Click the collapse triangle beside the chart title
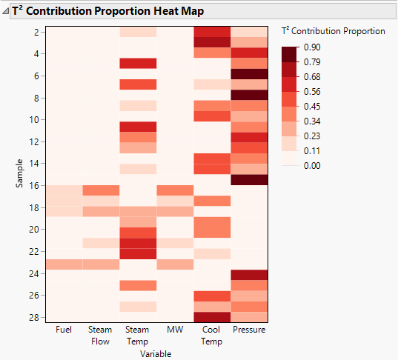tap(6, 12)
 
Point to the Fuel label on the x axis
tap(64, 330)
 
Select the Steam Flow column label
tap(100, 335)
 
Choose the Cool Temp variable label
tap(212, 335)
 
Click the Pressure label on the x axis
tap(249, 330)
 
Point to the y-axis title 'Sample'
tap(20, 175)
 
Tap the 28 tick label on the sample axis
tap(36, 318)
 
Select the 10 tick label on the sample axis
tap(36, 119)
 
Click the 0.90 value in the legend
tap(313, 47)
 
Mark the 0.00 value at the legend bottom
tap(313, 164)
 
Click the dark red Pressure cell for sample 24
tap(249, 275)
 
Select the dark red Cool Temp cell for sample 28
tap(212, 318)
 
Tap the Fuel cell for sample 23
tap(64, 264)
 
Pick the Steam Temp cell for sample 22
tap(137, 253)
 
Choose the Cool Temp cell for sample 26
tap(212, 296)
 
